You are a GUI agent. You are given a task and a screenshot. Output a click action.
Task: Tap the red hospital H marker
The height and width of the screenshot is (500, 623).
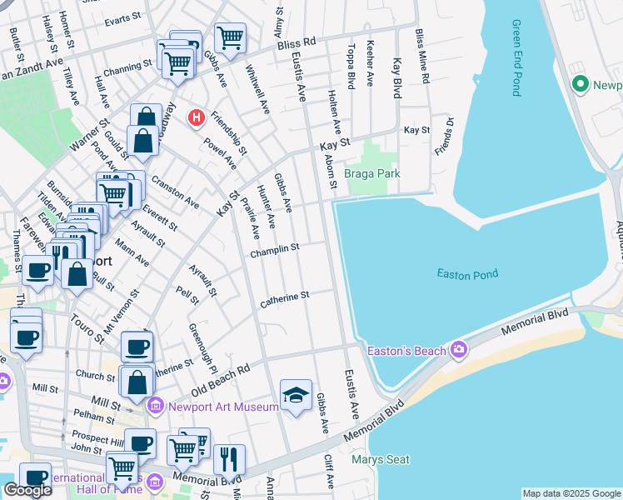[x=197, y=117]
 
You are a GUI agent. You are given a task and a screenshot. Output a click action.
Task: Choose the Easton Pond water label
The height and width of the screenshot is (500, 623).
[x=467, y=273]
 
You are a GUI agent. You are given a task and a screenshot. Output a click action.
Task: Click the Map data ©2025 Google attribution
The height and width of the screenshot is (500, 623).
[x=571, y=493]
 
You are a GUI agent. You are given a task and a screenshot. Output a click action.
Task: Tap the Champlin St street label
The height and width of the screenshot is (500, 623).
[x=274, y=249]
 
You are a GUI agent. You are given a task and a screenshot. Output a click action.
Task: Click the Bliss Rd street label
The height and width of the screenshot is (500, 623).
[x=298, y=42]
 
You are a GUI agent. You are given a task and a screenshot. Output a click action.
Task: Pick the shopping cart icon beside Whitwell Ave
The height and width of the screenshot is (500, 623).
[x=230, y=37]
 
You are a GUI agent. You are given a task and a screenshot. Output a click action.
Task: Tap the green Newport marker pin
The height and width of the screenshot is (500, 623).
[x=581, y=84]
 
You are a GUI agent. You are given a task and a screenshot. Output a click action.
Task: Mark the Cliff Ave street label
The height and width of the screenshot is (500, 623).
[x=331, y=471]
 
